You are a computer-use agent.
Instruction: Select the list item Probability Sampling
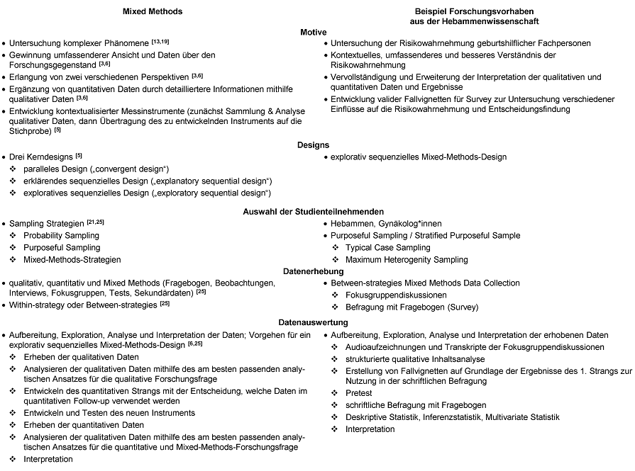61,235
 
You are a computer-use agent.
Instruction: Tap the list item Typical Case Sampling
387,248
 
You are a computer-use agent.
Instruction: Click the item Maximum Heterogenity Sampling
407,260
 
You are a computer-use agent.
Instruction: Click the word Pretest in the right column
360,392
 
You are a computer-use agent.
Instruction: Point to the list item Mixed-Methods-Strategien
72,260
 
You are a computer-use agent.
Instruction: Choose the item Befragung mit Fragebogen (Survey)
412,307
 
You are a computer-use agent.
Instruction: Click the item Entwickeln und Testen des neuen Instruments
109,413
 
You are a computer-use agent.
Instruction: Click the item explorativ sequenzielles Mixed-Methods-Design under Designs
419,157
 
